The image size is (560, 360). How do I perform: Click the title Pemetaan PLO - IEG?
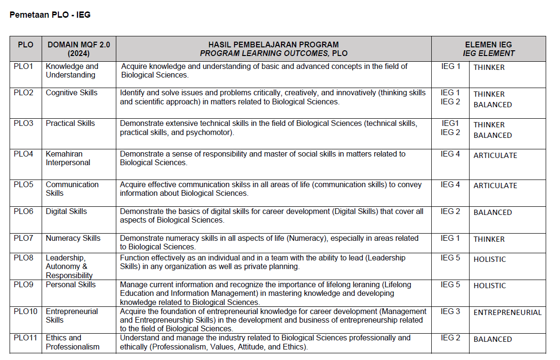tap(50, 15)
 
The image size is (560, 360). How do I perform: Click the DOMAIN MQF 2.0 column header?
tap(78, 49)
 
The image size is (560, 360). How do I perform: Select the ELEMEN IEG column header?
tap(488, 49)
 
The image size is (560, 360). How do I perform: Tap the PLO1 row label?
tap(23, 67)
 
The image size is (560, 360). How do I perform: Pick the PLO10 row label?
tap(25, 312)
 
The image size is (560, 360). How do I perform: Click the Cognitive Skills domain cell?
tap(71, 93)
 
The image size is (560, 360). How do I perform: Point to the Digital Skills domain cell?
tap(66, 212)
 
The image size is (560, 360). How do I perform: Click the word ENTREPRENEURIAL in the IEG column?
tap(507, 313)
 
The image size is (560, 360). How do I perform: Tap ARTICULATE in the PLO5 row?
tap(495, 186)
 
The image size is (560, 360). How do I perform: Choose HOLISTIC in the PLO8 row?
tap(490, 259)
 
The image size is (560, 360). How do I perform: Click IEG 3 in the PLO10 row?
tap(450, 312)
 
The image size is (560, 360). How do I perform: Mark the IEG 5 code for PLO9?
tap(450, 285)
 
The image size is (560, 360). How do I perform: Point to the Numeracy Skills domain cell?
tap(73, 238)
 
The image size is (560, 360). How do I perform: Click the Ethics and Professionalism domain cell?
tap(73, 342)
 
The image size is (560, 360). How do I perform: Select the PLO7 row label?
tap(23, 238)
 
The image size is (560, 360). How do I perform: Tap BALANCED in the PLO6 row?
tap(493, 213)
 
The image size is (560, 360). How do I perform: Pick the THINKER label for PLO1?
tap(489, 67)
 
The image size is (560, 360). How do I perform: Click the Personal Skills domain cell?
tap(70, 285)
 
